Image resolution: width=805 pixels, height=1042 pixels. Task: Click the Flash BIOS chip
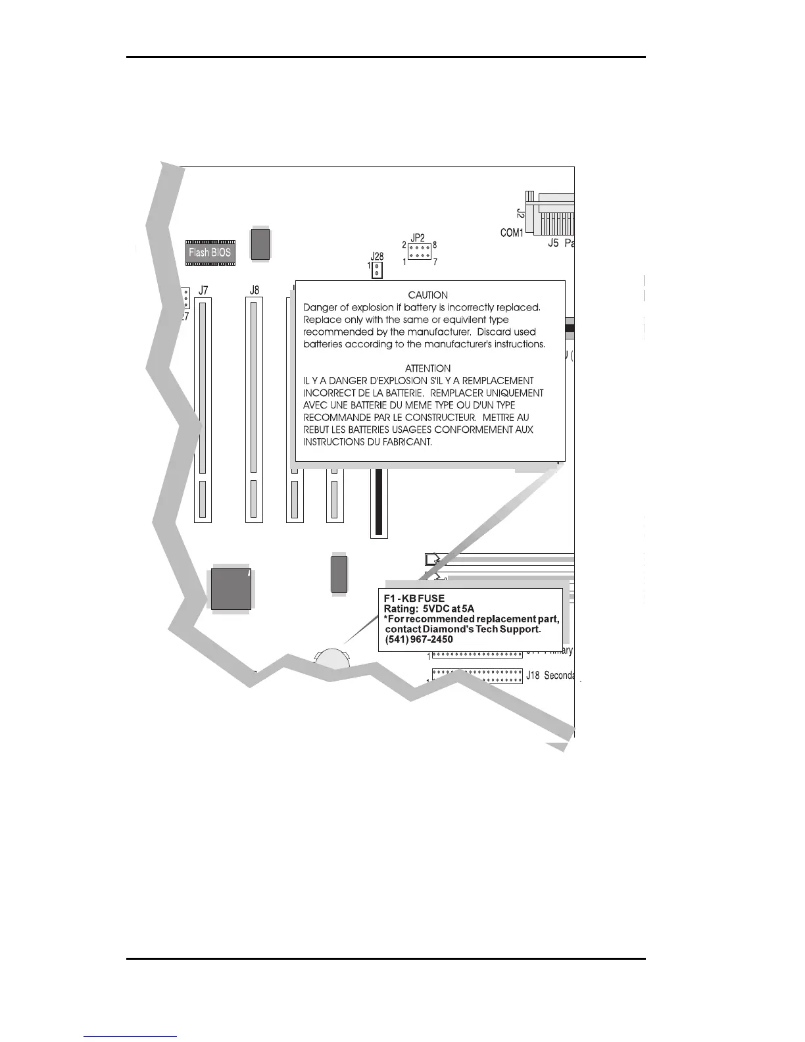coord(210,252)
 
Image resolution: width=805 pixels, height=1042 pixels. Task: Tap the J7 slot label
coord(203,290)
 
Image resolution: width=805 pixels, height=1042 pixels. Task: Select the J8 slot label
coord(255,290)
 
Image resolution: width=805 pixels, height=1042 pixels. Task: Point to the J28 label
coord(377,257)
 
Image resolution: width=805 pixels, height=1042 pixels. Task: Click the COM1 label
coord(512,233)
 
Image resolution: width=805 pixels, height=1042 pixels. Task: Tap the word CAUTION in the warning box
coord(428,295)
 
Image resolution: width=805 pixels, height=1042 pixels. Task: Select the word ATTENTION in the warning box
coord(428,368)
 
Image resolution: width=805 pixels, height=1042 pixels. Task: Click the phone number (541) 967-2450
coord(419,639)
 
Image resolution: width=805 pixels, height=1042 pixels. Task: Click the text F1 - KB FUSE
coord(414,599)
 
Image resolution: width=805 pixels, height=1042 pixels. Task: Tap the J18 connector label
coord(533,676)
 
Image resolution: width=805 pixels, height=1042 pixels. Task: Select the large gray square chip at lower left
coord(231,589)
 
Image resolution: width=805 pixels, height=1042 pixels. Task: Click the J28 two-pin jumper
coord(377,270)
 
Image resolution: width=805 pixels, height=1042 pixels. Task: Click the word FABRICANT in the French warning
coord(406,442)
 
